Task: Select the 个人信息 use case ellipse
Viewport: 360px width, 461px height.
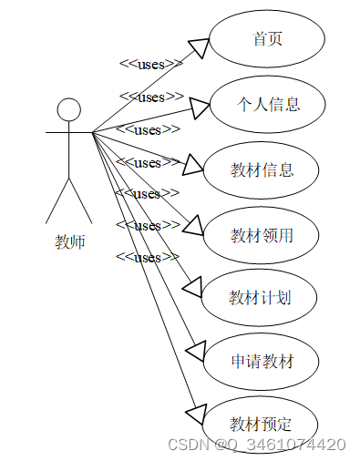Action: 267,104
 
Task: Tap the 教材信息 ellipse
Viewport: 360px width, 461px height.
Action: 262,169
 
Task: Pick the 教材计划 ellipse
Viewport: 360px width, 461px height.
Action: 260,297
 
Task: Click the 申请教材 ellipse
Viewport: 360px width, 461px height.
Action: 262,362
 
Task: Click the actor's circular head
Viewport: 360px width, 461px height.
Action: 69,110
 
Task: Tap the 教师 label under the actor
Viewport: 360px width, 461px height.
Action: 69,242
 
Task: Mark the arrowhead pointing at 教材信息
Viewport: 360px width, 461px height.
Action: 192,165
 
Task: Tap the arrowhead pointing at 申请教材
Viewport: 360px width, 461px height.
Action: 195,352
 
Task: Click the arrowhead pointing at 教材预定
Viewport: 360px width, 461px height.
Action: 194,414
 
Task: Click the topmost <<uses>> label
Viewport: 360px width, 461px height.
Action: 150,64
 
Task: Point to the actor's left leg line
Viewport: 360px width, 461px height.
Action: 57,200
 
